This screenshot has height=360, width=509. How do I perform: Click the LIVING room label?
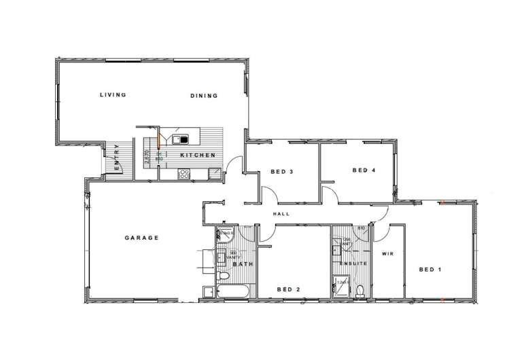point(113,95)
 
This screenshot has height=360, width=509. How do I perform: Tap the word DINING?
point(204,96)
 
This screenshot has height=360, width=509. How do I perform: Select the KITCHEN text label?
point(198,156)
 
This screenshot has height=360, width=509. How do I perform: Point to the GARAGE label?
point(141,238)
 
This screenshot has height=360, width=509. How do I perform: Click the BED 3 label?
point(281,171)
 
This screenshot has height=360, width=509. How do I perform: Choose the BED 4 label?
point(364,170)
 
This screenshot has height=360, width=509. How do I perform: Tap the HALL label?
point(281,214)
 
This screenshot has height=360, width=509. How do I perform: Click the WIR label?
point(388,254)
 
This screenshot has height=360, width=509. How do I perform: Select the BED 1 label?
point(430,270)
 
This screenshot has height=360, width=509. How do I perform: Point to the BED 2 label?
point(289,289)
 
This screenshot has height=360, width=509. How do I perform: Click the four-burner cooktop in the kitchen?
point(183,174)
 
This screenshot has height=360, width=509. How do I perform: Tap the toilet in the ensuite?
point(360,291)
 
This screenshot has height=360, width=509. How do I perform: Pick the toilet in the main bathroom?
point(224,276)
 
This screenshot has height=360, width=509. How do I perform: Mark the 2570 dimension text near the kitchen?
point(146,158)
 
